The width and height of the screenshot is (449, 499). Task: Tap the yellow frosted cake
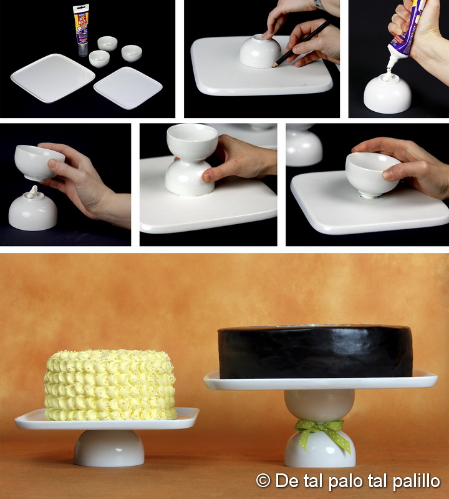[110, 385]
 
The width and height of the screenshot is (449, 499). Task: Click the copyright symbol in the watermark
[264, 481]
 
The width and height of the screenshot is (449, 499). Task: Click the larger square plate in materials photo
[53, 77]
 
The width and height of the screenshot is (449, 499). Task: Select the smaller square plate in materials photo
[128, 87]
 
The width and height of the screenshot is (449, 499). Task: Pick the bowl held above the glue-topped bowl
[39, 162]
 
